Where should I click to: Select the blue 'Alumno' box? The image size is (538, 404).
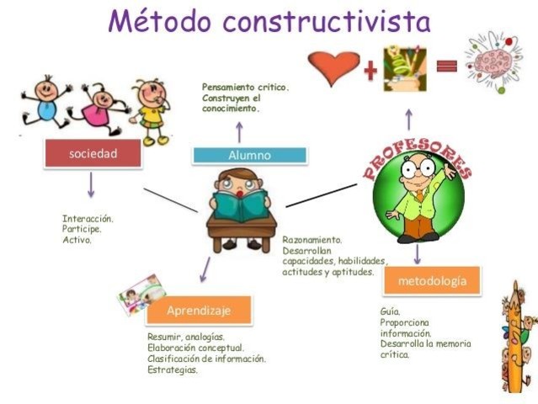point(249,155)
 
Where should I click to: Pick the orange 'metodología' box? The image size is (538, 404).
point(431,280)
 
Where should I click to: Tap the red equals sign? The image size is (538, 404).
point(446,66)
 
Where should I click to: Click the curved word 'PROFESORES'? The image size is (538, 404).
point(417,158)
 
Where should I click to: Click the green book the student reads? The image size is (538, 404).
point(241,205)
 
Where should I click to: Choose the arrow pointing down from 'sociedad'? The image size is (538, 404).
point(91,185)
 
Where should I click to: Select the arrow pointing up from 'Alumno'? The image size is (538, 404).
point(238,130)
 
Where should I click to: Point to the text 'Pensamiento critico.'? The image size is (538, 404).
point(245,87)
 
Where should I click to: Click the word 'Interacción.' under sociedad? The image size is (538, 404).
point(88,218)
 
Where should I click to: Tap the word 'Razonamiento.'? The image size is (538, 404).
point(313,240)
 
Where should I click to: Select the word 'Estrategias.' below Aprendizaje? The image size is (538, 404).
point(173,369)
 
